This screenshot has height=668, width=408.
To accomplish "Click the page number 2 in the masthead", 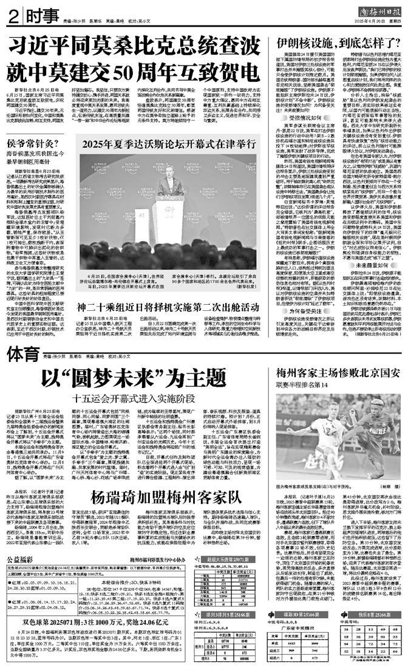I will [x=12, y=15].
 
